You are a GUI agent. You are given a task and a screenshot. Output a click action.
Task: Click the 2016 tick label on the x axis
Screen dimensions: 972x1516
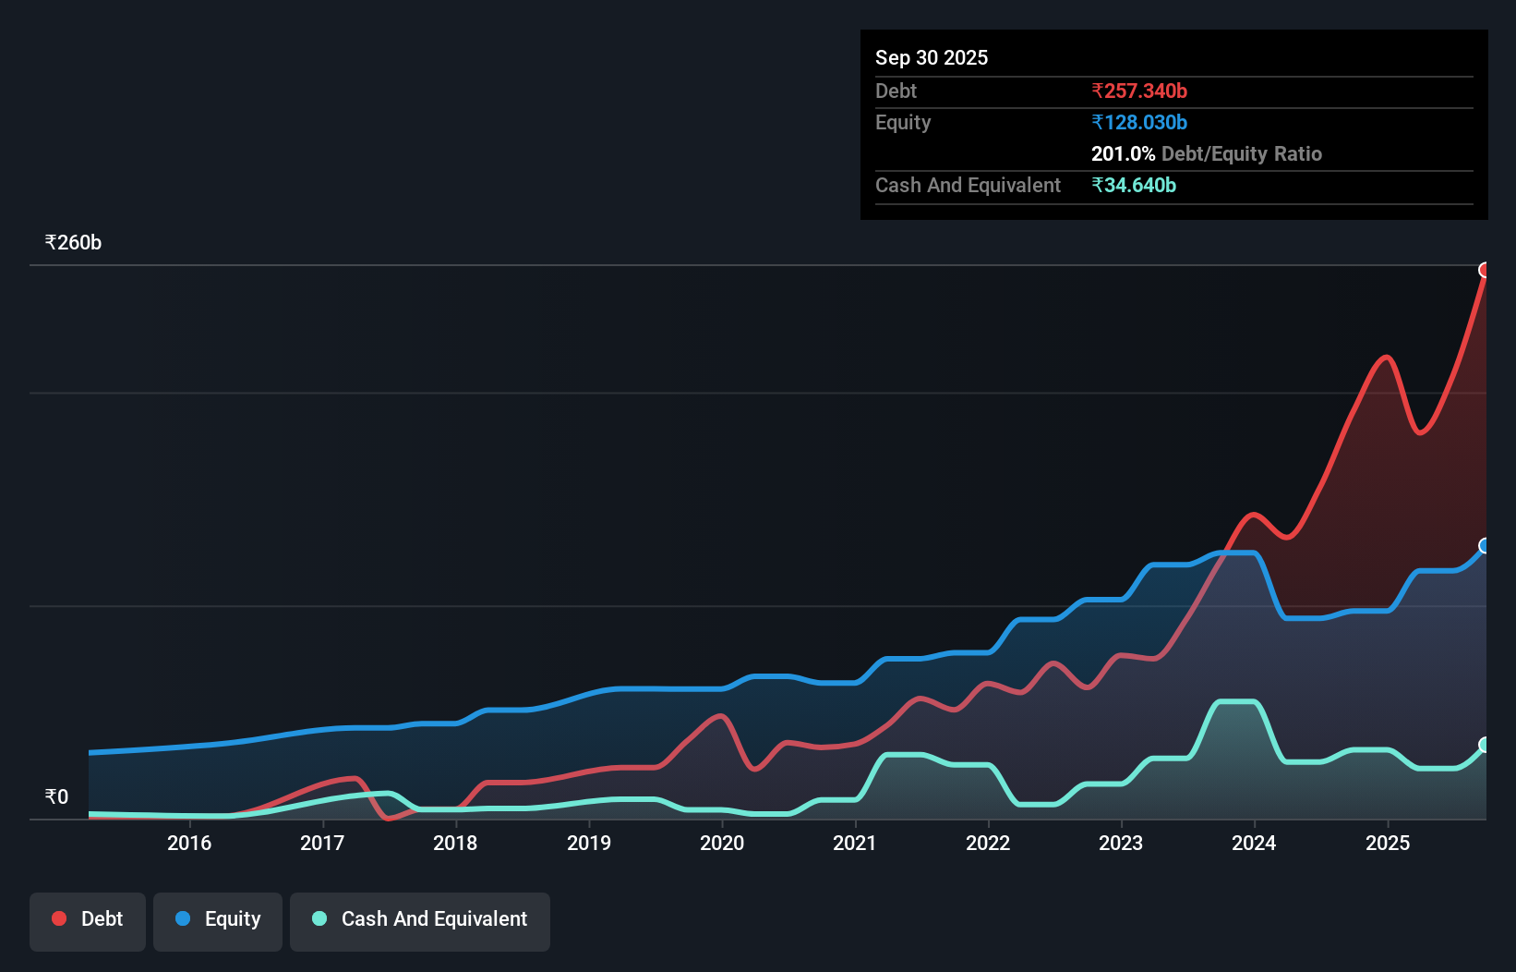click(189, 843)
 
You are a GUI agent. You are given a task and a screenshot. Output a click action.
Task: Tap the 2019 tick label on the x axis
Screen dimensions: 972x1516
click(589, 843)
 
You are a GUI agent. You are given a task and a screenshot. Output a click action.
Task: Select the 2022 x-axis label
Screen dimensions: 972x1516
click(988, 843)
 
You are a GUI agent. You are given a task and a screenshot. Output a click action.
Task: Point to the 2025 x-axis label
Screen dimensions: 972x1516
click(1388, 843)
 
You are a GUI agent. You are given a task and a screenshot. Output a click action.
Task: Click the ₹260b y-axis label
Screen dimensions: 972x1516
click(73, 243)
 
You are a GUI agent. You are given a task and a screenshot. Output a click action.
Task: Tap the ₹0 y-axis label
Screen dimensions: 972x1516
click(56, 796)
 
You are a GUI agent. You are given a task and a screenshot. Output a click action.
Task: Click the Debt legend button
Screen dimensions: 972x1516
click(88, 919)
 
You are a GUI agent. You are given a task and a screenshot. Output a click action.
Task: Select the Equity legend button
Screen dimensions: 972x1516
click(218, 919)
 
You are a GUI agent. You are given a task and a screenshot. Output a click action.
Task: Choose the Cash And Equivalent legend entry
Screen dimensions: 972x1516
click(420, 919)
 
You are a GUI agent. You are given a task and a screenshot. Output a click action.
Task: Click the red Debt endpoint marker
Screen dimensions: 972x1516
click(1485, 270)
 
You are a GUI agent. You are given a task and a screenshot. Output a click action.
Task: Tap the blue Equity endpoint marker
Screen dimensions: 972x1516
click(1485, 546)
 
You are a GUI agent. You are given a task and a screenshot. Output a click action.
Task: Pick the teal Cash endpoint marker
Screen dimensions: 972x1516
click(1485, 745)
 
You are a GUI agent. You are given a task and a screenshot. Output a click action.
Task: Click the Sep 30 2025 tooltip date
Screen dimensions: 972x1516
click(932, 57)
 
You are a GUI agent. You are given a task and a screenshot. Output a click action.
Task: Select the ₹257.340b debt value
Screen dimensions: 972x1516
click(1139, 91)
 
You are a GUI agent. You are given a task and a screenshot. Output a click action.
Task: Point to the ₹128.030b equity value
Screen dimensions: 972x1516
click(1139, 122)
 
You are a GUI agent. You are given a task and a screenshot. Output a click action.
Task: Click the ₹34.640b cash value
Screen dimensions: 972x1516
click(1134, 185)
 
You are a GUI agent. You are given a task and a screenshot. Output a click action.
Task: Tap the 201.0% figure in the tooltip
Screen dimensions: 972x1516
click(1123, 153)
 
